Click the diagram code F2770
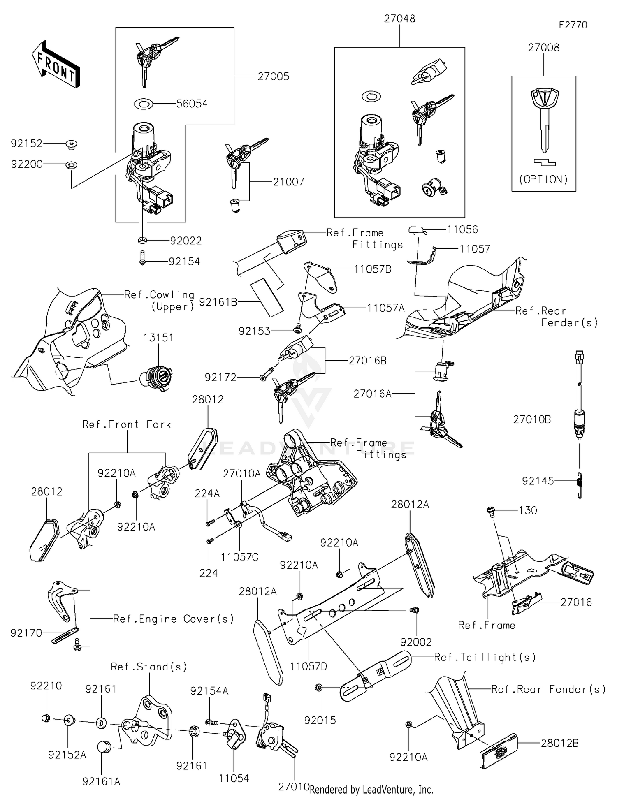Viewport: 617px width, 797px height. coord(573,25)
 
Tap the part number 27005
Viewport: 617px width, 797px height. coord(274,76)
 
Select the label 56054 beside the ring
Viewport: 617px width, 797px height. coord(192,104)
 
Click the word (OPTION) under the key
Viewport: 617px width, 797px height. coord(543,179)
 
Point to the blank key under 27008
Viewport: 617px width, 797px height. coord(543,119)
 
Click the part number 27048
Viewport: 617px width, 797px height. coord(399,19)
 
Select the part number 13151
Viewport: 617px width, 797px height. coord(158,338)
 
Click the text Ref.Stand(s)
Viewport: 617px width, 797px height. coord(149,666)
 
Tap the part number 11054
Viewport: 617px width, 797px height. coord(234,778)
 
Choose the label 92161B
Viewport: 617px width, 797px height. coord(218,302)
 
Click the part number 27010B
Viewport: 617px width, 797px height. coord(532,419)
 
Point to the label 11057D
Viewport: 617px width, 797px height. coord(308,666)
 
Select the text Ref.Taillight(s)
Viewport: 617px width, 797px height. coord(485,657)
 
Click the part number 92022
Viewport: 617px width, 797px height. coord(186,241)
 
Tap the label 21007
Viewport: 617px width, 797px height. coord(289,182)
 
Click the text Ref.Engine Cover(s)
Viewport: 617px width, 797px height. coord(173,619)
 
